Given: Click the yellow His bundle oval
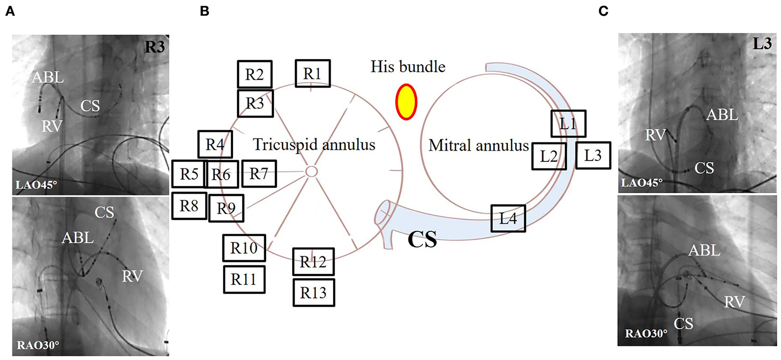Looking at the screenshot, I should coord(406,102).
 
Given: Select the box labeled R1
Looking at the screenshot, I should coord(312,74).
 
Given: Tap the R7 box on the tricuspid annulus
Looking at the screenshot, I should coord(259,174).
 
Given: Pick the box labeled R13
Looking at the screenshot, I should coord(313,293).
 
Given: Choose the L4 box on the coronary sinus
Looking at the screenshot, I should coord(508,219).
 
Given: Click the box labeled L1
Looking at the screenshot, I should coord(568,124).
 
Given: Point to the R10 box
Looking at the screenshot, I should coord(244,248).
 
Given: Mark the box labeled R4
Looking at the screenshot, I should coord(215,144).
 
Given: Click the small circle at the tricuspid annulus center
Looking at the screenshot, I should coord(311,171).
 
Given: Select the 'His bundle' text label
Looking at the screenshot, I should coord(408,67).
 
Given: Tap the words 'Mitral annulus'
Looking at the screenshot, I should coord(478,145).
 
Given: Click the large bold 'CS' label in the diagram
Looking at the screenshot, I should coord(422,239).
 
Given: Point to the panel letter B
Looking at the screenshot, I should coord(205,11).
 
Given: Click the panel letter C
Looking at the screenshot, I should coord(603,11).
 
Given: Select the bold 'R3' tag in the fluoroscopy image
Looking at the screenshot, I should coord(154,47).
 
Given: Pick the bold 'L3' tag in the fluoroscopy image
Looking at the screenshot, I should coord(762,44).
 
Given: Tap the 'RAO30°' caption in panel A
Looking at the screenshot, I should coord(38,345).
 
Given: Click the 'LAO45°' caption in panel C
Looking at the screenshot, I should coord(642,182).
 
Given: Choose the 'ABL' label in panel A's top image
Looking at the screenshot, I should coord(48,78).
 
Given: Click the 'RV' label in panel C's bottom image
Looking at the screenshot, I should coord(734,302).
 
